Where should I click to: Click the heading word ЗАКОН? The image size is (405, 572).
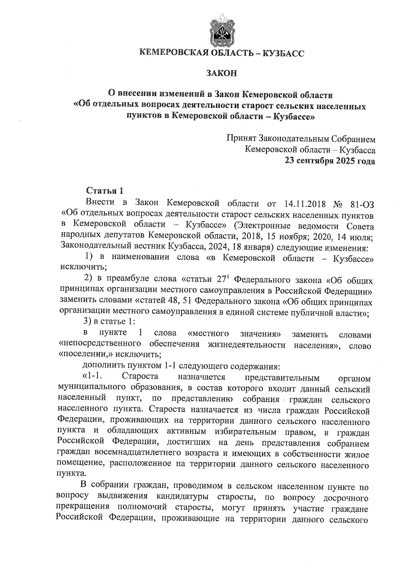tap(222, 73)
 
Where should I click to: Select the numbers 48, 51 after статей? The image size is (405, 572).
tap(178, 301)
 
